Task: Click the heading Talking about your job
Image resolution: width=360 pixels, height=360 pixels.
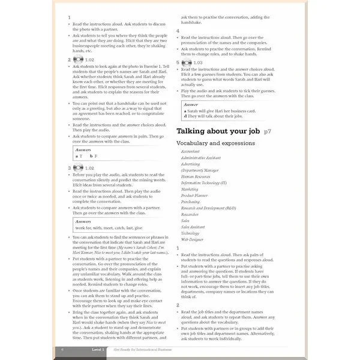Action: click(x=218, y=131)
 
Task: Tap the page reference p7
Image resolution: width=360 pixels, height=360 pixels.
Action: click(x=268, y=131)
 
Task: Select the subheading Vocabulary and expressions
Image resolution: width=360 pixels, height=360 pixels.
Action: click(x=212, y=143)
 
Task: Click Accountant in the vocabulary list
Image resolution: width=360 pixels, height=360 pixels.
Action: click(x=191, y=151)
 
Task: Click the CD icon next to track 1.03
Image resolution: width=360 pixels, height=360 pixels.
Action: click(x=187, y=62)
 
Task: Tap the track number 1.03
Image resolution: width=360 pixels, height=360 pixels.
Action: click(x=199, y=63)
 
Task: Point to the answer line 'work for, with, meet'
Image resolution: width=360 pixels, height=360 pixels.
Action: click(x=109, y=227)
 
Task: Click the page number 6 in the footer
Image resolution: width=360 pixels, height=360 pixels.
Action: click(x=62, y=349)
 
